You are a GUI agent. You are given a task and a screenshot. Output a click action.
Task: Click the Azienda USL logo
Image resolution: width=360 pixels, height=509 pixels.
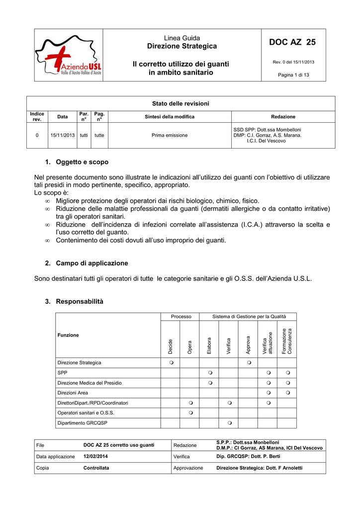69,55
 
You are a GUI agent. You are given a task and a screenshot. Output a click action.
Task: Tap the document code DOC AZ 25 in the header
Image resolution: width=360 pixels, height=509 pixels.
293,43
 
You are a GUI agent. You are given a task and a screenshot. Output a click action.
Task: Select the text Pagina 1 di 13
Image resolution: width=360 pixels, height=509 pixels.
293,75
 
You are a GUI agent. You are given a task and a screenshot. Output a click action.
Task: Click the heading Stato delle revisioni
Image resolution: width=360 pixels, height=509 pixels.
180,103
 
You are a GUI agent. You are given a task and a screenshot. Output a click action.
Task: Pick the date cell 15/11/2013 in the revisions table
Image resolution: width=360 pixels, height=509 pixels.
62,135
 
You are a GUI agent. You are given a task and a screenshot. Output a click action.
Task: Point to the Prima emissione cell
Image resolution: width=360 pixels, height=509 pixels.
170,135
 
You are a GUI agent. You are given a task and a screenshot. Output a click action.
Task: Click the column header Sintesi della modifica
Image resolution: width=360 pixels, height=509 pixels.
170,117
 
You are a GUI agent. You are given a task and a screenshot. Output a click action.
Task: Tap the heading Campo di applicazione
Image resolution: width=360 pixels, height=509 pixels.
91,263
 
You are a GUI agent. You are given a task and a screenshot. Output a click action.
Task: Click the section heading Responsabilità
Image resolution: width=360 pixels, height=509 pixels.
80,301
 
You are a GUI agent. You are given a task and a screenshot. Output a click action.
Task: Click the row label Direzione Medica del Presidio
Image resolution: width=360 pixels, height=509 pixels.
90,383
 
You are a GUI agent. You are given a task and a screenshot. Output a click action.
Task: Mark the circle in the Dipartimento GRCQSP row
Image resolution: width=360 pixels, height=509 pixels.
229,423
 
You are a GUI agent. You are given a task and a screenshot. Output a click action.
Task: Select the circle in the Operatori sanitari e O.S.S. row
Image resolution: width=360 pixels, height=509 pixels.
190,413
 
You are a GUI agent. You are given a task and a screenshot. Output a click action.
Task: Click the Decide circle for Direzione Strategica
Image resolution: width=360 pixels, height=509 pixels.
170,363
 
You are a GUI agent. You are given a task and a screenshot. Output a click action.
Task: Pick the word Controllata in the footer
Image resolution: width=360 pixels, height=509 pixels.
96,468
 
